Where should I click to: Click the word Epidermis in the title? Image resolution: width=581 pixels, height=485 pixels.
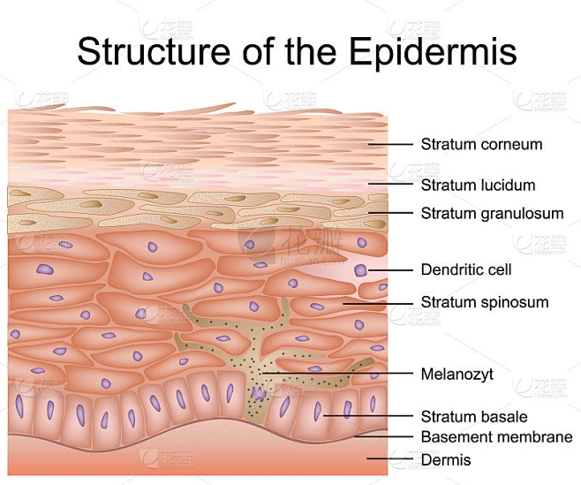pyautogui.click(x=433, y=51)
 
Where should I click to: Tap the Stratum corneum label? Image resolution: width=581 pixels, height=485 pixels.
pyautogui.click(x=481, y=144)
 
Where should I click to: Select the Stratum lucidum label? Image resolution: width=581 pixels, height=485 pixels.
pyautogui.click(x=478, y=185)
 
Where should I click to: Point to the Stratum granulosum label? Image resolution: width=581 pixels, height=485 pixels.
pyautogui.click(x=492, y=214)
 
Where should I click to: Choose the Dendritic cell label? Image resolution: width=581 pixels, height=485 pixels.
pyautogui.click(x=466, y=269)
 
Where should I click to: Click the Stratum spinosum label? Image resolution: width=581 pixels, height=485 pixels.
pyautogui.click(x=485, y=302)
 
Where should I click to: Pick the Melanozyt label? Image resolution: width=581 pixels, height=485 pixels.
pyautogui.click(x=456, y=375)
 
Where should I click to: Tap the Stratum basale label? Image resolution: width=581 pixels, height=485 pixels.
pyautogui.click(x=474, y=416)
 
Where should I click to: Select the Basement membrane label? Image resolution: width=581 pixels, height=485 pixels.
pyautogui.click(x=497, y=436)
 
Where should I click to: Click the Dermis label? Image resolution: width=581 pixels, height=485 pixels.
pyautogui.click(x=446, y=460)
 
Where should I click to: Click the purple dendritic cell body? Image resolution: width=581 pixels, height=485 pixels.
pyautogui.click(x=360, y=270)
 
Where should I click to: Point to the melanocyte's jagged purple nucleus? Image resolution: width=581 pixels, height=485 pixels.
pyautogui.click(x=258, y=394)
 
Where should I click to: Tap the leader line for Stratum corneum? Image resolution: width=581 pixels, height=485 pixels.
pyautogui.click(x=390, y=144)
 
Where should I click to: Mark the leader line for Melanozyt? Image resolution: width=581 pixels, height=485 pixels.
pyautogui.click(x=338, y=373)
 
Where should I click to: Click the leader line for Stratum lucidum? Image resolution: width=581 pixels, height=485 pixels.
pyautogui.click(x=390, y=183)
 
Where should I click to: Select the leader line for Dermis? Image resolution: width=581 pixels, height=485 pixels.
pyautogui.click(x=389, y=458)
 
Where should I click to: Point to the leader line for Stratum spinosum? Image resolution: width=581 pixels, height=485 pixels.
pyautogui.click(x=378, y=304)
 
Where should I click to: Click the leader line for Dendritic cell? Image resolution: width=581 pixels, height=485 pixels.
pyautogui.click(x=390, y=270)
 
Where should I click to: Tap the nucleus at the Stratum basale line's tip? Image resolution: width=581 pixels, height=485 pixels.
pyautogui.click(x=318, y=411)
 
